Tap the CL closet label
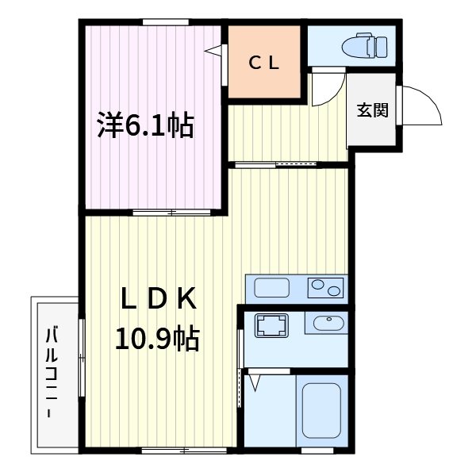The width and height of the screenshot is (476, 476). (264, 63)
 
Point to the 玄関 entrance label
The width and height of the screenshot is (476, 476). (371, 111)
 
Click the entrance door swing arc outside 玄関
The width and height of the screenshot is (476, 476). (420, 107)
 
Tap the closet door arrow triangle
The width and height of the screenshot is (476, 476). (213, 51)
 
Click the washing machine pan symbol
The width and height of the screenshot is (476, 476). (271, 324)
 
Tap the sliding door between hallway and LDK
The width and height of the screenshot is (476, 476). (278, 165)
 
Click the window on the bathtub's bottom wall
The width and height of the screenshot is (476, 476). (321, 450)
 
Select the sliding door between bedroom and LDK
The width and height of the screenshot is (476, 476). (171, 213)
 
